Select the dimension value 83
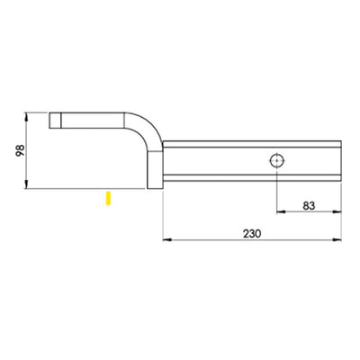[x=309, y=204]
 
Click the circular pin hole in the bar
[x=275, y=160]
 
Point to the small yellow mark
[x=108, y=197]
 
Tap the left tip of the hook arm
[x=52, y=119]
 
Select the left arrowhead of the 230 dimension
[x=166, y=240]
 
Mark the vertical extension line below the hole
[x=275, y=193]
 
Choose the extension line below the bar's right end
[x=342, y=211]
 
